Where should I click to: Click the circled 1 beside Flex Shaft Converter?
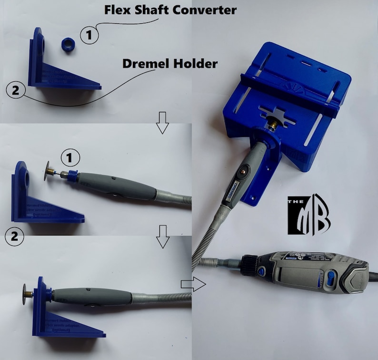tap(89, 35)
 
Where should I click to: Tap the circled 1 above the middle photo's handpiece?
tap(70, 156)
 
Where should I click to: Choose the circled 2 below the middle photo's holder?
tap(14, 236)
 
